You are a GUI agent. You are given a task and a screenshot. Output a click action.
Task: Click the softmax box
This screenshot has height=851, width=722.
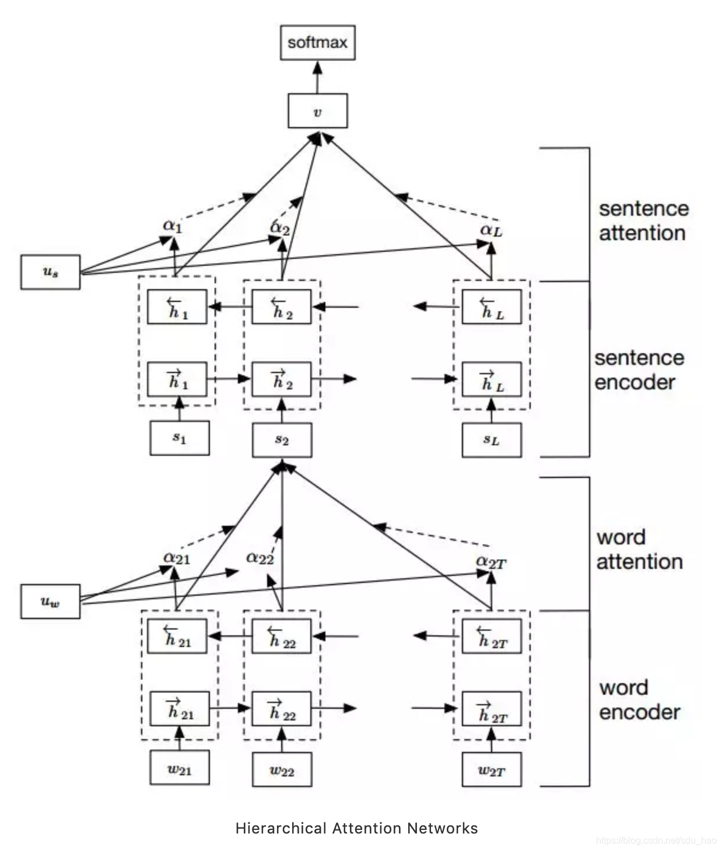(317, 43)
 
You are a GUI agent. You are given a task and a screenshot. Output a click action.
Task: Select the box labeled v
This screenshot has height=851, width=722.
(317, 111)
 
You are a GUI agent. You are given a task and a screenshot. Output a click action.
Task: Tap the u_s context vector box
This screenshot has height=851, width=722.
(50, 272)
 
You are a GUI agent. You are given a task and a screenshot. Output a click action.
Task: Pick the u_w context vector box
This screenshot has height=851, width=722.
(50, 602)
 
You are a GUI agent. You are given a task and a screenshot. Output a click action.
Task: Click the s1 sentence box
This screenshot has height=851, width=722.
(180, 438)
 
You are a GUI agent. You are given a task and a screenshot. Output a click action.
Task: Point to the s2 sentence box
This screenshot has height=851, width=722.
(282, 440)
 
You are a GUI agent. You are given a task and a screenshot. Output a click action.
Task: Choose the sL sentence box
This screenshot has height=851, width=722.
(492, 440)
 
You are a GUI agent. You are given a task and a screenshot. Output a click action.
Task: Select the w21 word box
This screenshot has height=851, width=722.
(180, 767)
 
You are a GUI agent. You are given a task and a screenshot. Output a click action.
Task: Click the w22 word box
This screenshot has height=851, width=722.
(282, 769)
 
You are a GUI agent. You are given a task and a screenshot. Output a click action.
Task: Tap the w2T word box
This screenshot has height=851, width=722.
(492, 769)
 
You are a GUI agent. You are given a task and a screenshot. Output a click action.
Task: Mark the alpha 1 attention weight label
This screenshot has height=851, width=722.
(173, 226)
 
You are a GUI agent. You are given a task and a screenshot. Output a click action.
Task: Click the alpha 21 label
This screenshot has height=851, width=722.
(177, 558)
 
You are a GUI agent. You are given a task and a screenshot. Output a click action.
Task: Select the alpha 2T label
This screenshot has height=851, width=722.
(491, 562)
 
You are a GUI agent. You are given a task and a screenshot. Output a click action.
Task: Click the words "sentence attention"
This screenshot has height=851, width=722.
(644, 221)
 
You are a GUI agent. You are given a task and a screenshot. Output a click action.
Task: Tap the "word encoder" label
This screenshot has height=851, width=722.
(640, 700)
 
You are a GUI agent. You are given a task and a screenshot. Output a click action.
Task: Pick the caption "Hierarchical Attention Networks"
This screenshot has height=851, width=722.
(357, 828)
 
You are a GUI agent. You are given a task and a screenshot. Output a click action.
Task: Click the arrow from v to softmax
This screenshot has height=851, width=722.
(317, 77)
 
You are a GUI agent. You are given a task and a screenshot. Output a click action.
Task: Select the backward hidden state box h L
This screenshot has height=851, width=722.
(492, 307)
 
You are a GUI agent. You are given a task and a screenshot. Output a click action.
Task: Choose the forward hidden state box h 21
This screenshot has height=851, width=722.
(180, 709)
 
